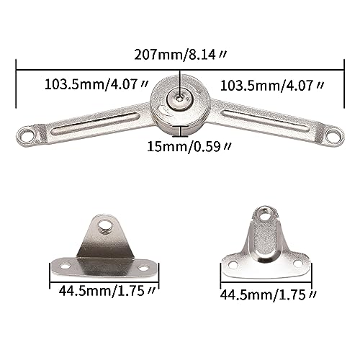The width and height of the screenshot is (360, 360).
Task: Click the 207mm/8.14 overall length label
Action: [180, 55]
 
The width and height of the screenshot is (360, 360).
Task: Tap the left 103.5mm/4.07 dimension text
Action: [96, 85]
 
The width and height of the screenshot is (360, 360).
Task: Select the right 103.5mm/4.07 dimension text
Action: [272, 86]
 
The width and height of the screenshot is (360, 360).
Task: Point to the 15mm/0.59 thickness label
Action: [189, 146]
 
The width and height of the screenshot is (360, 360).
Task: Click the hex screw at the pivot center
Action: [180, 99]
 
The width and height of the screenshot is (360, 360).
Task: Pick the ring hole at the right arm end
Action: [334, 135]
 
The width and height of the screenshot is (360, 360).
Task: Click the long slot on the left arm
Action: [96, 123]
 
